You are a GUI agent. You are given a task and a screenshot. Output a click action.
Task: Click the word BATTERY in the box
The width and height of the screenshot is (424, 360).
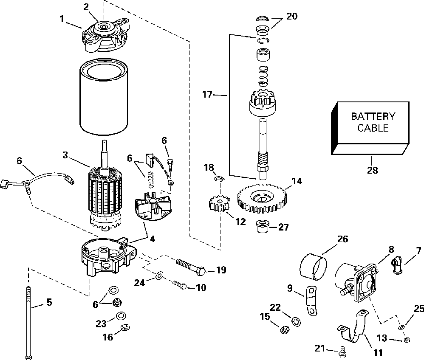373,116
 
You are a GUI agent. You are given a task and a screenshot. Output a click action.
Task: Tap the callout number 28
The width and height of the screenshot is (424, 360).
372,170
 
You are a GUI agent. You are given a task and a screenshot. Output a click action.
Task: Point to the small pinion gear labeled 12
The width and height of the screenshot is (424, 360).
220,205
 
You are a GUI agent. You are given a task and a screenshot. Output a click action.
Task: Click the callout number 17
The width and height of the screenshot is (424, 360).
207,95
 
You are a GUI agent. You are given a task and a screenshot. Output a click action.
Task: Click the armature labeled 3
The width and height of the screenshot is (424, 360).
105,189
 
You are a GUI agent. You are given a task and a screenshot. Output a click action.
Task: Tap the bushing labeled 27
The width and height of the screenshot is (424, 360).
261,227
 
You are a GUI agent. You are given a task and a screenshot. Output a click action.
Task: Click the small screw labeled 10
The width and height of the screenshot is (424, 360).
180,284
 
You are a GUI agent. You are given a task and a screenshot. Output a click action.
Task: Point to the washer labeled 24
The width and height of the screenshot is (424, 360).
159,276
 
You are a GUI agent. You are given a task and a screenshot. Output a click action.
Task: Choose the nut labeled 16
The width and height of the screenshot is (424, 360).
125,327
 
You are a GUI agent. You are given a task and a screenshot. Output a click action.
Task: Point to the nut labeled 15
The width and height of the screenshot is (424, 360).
284,330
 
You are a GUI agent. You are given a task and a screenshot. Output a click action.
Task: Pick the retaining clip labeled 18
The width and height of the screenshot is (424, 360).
220,179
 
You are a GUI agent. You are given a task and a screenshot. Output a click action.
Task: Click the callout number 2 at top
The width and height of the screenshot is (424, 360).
86,7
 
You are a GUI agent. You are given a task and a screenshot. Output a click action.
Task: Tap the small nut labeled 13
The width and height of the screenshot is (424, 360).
406,340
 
